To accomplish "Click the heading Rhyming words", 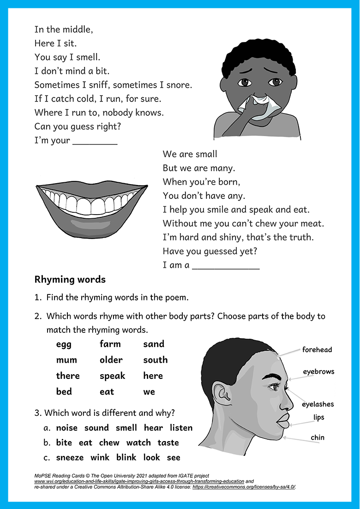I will pyautogui.click(x=70, y=279).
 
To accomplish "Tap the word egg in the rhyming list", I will pyautogui.click(x=64, y=344).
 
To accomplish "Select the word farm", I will pyautogui.click(x=110, y=344).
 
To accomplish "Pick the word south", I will pyautogui.click(x=155, y=360).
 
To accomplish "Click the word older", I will pyautogui.click(x=111, y=360).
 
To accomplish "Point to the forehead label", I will pyautogui.click(x=317, y=350).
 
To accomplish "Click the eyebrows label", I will pyautogui.click(x=318, y=371).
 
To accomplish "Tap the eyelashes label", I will pyautogui.click(x=318, y=404).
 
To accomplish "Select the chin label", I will pyautogui.click(x=318, y=437).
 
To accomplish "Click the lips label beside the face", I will pyautogui.click(x=318, y=418).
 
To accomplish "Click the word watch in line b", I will pyautogui.click(x=138, y=443).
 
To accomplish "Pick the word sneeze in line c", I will pyautogui.click(x=70, y=457).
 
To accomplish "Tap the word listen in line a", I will pyautogui.click(x=181, y=428).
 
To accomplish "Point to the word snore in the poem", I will pyautogui.click(x=180, y=85).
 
